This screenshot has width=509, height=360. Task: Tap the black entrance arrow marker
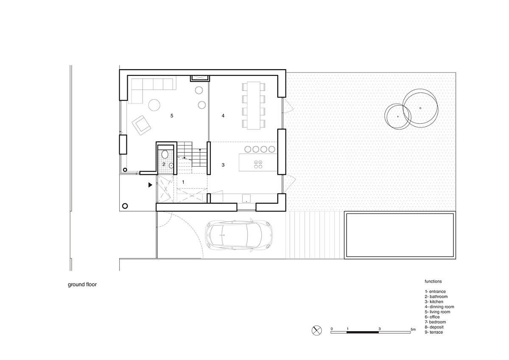(150, 185)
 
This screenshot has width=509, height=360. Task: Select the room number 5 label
(172, 116)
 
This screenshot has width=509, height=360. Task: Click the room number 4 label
(223, 116)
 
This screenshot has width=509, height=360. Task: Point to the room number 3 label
(223, 165)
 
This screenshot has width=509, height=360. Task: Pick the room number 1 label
(183, 182)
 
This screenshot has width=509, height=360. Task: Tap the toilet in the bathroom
(165, 154)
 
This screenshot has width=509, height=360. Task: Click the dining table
(254, 106)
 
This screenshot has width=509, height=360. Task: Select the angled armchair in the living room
(141, 125)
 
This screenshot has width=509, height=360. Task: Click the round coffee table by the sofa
(154, 105)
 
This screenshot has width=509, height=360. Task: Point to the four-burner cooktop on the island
(258, 164)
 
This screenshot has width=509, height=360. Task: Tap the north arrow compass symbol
(316, 330)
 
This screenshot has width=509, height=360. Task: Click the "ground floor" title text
(82, 285)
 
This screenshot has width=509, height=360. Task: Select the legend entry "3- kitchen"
(434, 301)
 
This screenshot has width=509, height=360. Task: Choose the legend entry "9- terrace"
(433, 332)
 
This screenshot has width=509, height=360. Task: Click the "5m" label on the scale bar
(413, 329)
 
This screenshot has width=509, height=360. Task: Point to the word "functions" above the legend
(433, 281)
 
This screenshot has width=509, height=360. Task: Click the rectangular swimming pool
(400, 235)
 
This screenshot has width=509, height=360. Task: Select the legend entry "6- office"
(432, 317)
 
